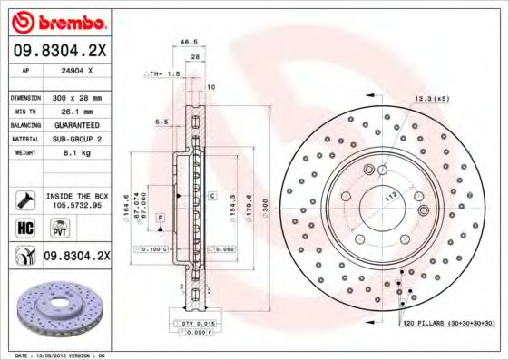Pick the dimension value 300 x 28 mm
tap(76, 97)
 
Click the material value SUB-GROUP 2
tap(76, 139)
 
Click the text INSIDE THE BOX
tap(77, 195)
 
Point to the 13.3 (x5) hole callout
tap(432, 98)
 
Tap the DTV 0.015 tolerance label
tap(193, 323)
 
